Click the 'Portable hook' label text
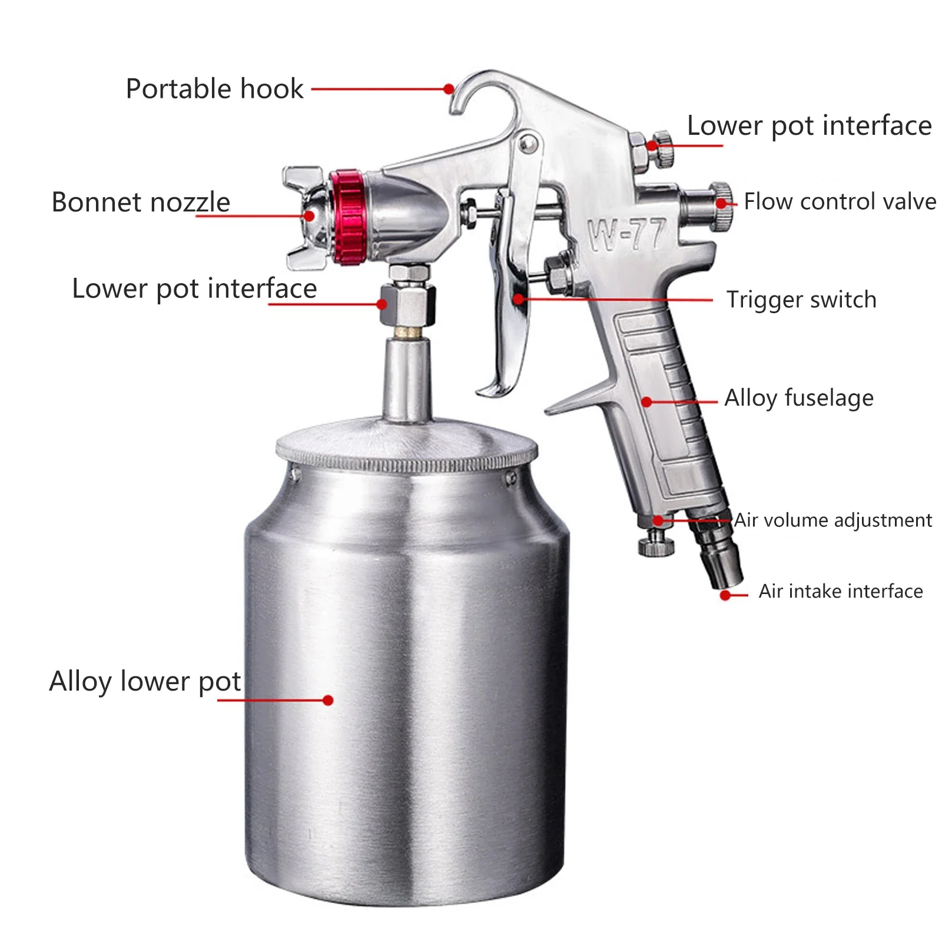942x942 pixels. point(214,89)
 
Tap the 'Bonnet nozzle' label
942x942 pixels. point(141,203)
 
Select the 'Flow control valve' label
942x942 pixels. point(840,202)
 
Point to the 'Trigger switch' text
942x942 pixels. point(801,300)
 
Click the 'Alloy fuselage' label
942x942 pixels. point(799,399)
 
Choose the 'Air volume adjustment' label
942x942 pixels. point(832,520)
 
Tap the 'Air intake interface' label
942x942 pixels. point(841,591)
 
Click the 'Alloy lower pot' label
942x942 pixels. point(145,682)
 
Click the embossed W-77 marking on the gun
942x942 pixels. point(627,234)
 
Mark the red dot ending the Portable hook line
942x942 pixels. point(449,89)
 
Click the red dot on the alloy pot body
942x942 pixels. point(329,700)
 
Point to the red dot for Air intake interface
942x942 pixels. point(726,595)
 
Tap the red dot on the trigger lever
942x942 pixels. point(519,299)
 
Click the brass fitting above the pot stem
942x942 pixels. point(407,333)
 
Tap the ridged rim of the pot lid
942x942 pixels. point(406,462)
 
